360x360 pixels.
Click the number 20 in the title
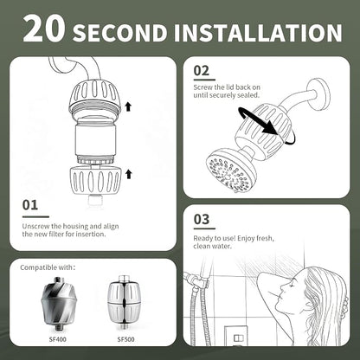point(44,28)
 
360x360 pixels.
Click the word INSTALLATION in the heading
point(258,33)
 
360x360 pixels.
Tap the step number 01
point(30,205)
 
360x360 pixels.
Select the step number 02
point(202,71)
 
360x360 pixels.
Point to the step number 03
point(202,219)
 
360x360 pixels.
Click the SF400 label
point(57,339)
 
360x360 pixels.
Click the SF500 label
point(125,339)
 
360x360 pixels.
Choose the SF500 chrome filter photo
point(124,303)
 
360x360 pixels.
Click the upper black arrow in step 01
point(128,107)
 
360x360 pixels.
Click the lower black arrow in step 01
point(129,174)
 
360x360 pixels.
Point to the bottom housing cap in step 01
point(95,181)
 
